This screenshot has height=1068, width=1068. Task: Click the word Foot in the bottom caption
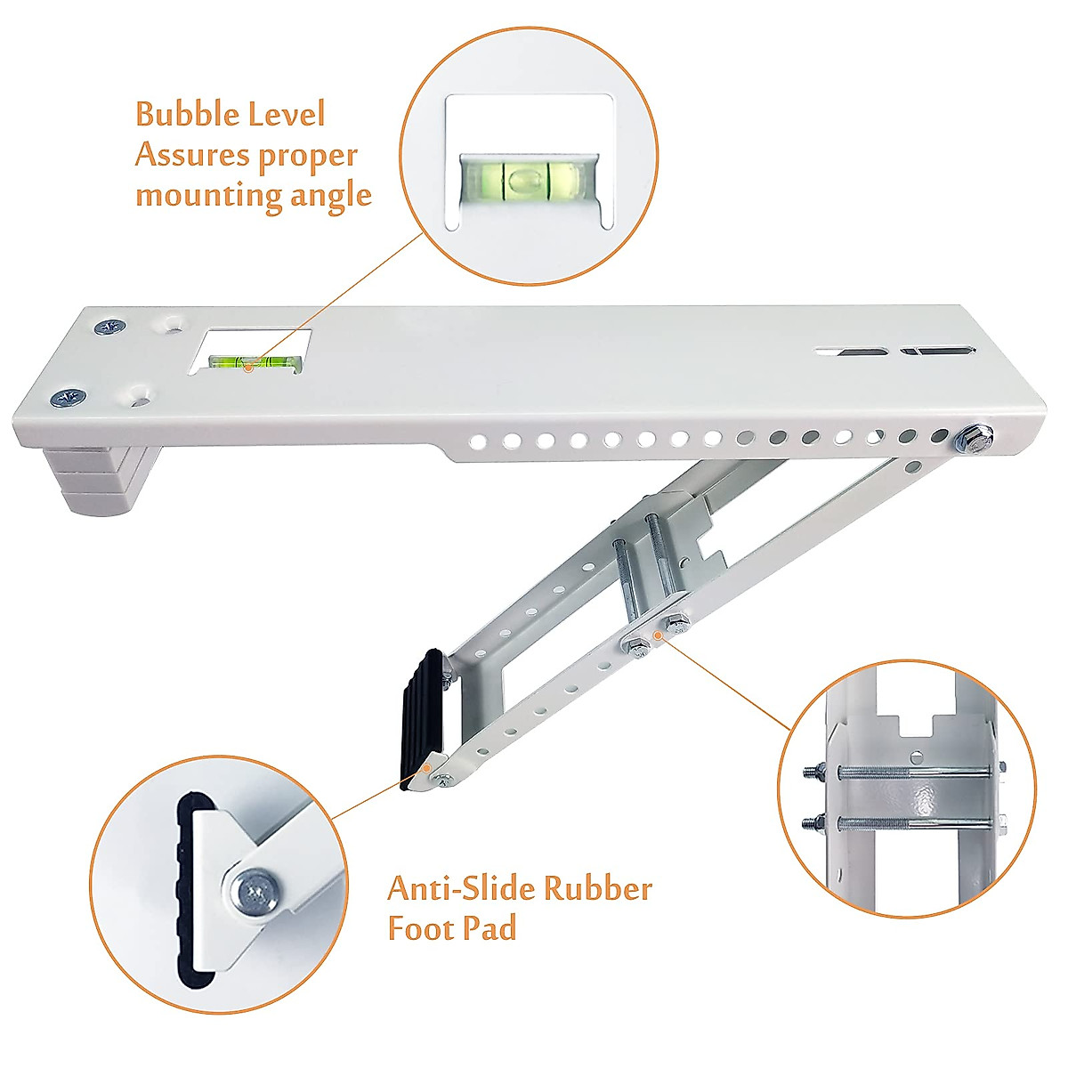418,928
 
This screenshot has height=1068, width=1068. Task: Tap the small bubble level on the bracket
255,360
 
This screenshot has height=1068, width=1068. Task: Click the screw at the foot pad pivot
443,781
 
